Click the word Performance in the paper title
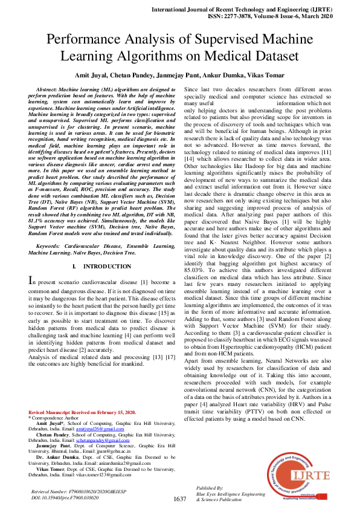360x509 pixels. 92,41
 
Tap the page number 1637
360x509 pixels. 179,499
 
